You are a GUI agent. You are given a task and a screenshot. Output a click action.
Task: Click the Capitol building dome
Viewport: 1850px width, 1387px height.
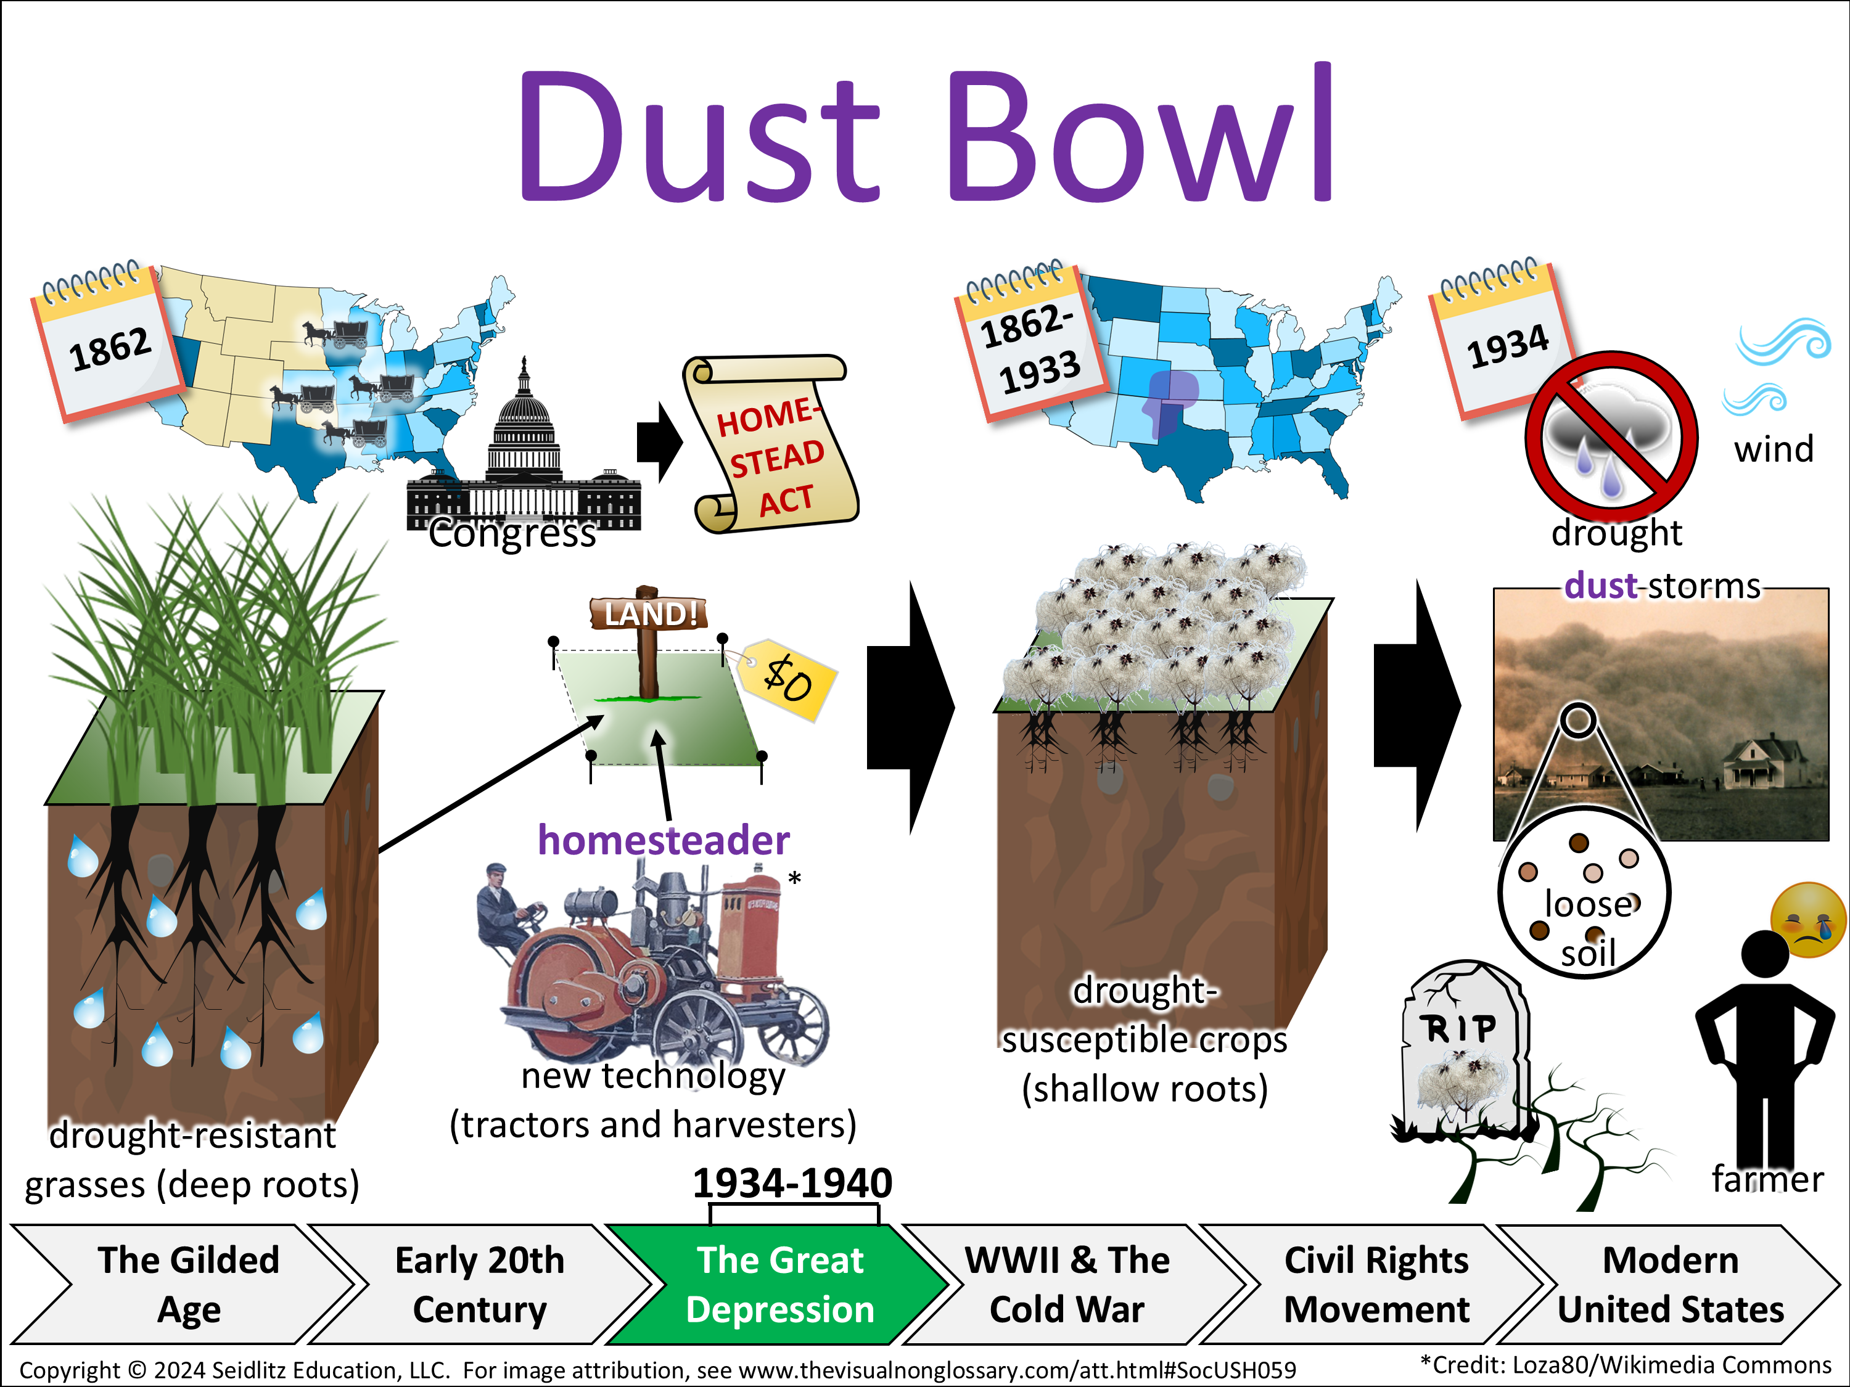click(524, 417)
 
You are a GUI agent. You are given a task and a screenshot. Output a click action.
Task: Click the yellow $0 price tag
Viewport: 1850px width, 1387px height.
click(787, 678)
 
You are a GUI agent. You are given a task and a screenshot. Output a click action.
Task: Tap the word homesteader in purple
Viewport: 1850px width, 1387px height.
click(663, 840)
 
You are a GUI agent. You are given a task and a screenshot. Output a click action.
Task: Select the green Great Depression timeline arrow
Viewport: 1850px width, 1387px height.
click(778, 1284)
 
